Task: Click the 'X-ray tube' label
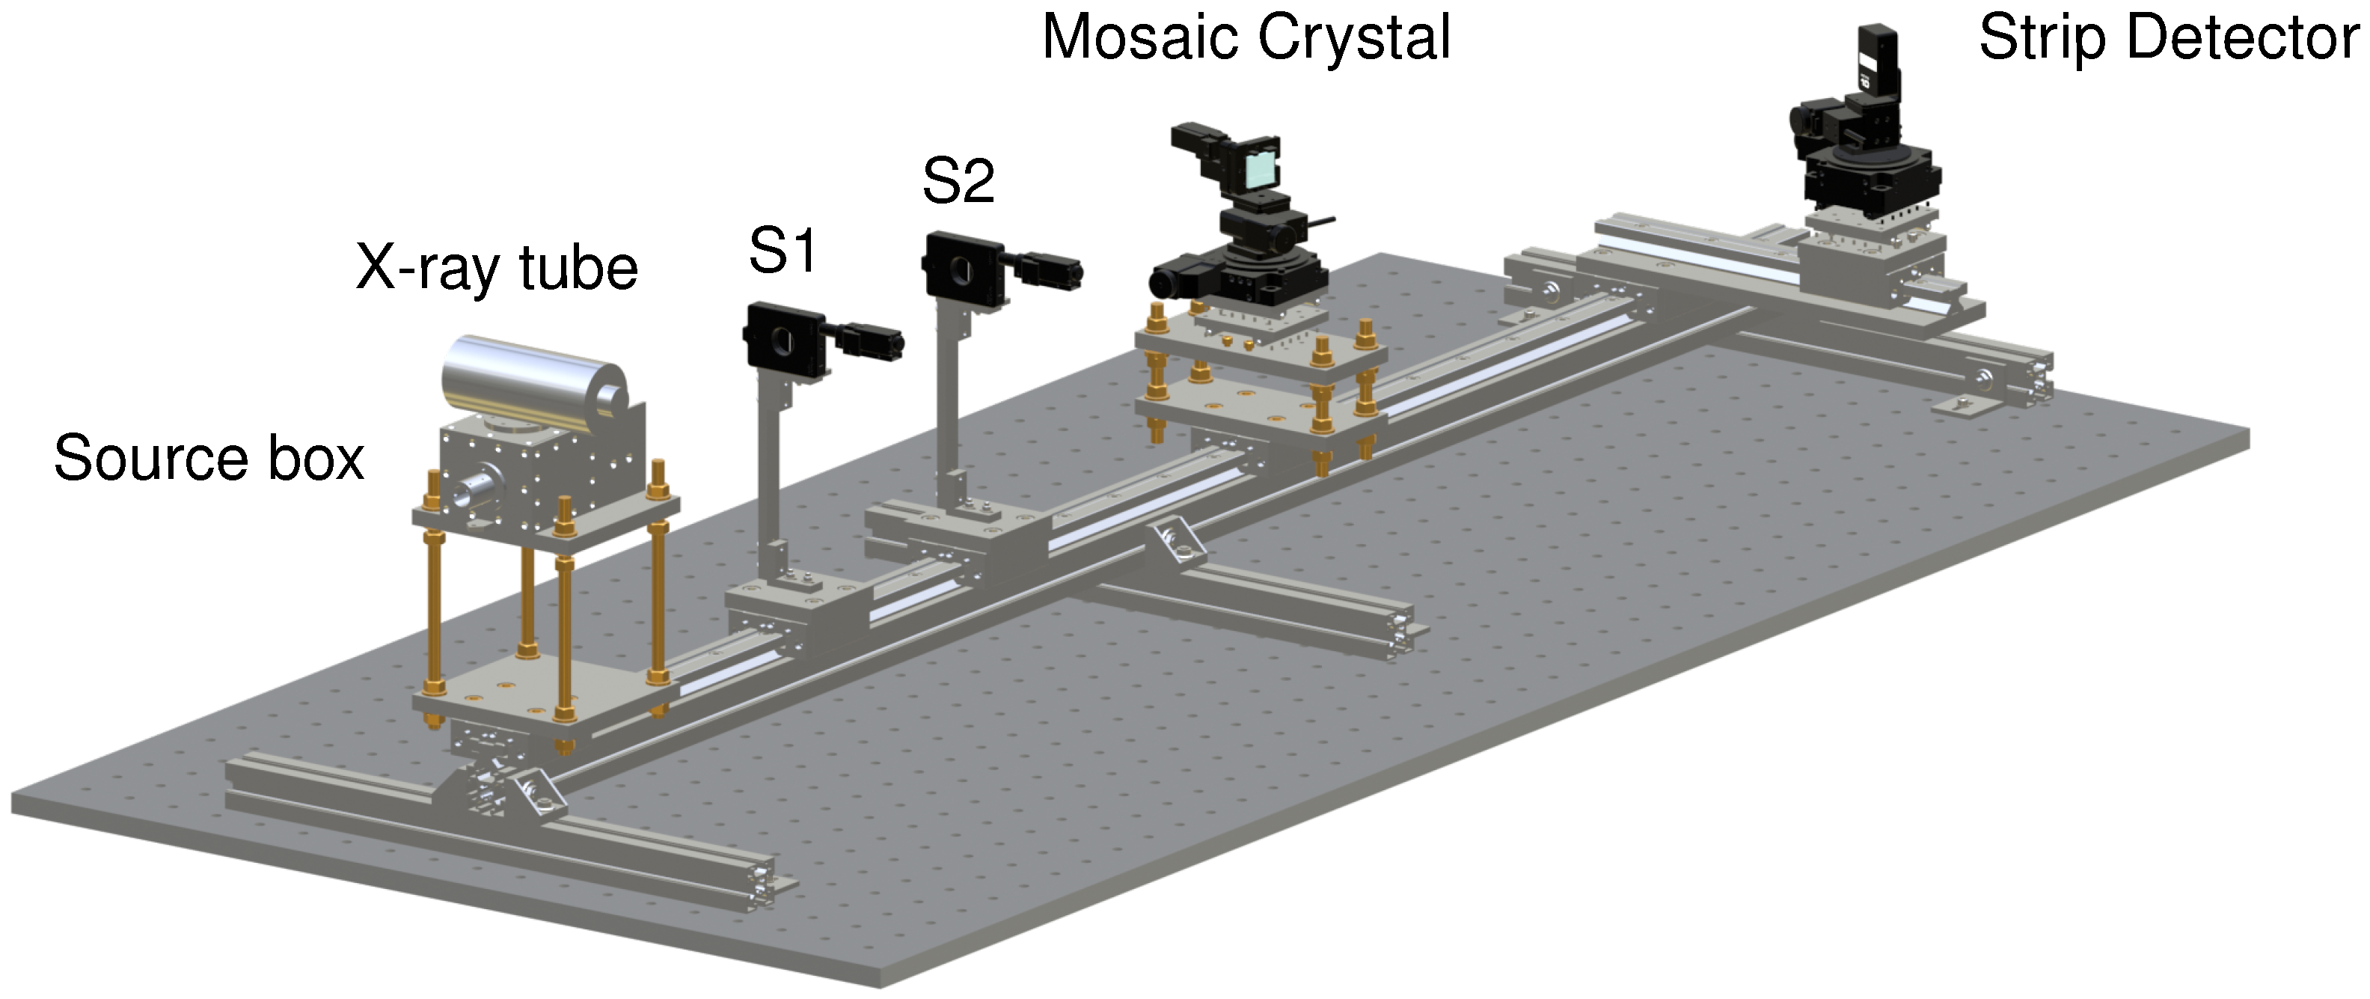(x=497, y=269)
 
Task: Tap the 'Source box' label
(x=209, y=458)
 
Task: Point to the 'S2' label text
(x=958, y=181)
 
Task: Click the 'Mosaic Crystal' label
(x=1246, y=39)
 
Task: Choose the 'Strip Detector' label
(x=2169, y=39)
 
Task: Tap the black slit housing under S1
(x=782, y=338)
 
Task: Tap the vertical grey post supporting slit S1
(x=769, y=469)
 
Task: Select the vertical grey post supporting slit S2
(x=948, y=396)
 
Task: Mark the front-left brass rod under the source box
(x=432, y=607)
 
